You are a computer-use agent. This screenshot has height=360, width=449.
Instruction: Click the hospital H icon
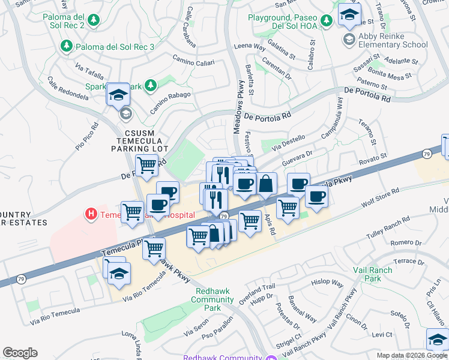[x=91, y=214]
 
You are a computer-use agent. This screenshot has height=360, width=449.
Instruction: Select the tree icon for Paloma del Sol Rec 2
[x=94, y=21]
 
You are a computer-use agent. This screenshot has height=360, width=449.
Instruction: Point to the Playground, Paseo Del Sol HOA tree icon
[x=326, y=21]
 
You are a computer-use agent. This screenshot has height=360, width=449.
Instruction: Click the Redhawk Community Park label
[x=208, y=299]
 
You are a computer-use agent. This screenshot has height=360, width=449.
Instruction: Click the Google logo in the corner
[x=20, y=353]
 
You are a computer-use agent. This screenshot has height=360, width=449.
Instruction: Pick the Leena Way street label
[x=250, y=46]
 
